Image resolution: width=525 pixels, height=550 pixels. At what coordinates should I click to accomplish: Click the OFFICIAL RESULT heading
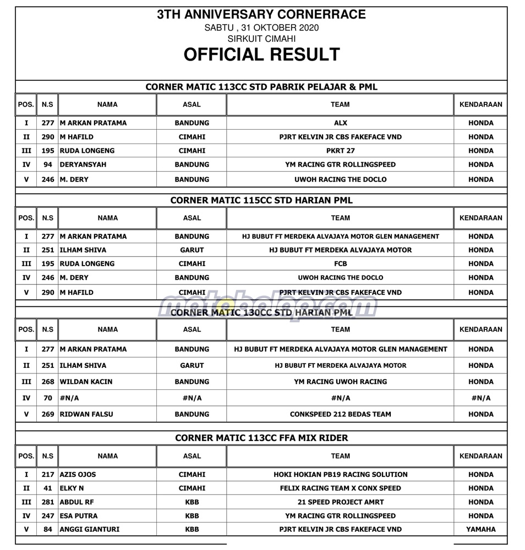pyautogui.click(x=261, y=54)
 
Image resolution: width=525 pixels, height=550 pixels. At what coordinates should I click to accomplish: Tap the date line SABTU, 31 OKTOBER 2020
pyautogui.click(x=261, y=28)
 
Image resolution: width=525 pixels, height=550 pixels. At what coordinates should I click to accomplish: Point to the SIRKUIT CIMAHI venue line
pyautogui.click(x=261, y=39)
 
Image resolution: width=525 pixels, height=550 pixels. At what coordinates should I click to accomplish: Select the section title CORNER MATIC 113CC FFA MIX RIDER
pyautogui.click(x=261, y=438)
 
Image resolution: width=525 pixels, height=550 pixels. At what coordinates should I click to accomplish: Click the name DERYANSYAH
pyautogui.click(x=83, y=164)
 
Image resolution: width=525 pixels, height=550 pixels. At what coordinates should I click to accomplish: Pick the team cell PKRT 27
pyautogui.click(x=340, y=151)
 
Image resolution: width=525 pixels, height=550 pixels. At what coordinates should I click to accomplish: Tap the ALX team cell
pyautogui.click(x=340, y=123)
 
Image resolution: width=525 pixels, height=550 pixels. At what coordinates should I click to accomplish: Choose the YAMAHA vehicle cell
pyautogui.click(x=481, y=529)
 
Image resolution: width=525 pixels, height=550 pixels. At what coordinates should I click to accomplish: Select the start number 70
pyautogui.click(x=48, y=398)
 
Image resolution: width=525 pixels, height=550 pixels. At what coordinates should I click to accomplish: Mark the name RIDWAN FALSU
pyautogui.click(x=86, y=414)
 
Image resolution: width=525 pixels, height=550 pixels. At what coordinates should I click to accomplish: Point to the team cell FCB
pyautogui.click(x=340, y=264)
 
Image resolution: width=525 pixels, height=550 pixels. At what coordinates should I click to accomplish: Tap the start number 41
pyautogui.click(x=48, y=488)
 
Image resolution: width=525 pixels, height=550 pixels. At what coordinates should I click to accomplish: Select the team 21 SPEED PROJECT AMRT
pyautogui.click(x=340, y=502)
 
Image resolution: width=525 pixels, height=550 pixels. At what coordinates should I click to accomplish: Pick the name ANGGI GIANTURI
pyautogui.click(x=89, y=529)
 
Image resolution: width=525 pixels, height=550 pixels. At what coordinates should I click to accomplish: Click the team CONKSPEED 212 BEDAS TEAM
pyautogui.click(x=340, y=414)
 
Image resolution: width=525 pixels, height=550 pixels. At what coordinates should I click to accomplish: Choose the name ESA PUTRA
pyautogui.click(x=80, y=516)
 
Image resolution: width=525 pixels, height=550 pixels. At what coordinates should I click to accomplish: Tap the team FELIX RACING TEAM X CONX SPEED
pyautogui.click(x=340, y=488)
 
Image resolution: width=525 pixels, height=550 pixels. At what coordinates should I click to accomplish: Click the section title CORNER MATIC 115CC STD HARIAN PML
pyautogui.click(x=261, y=200)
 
